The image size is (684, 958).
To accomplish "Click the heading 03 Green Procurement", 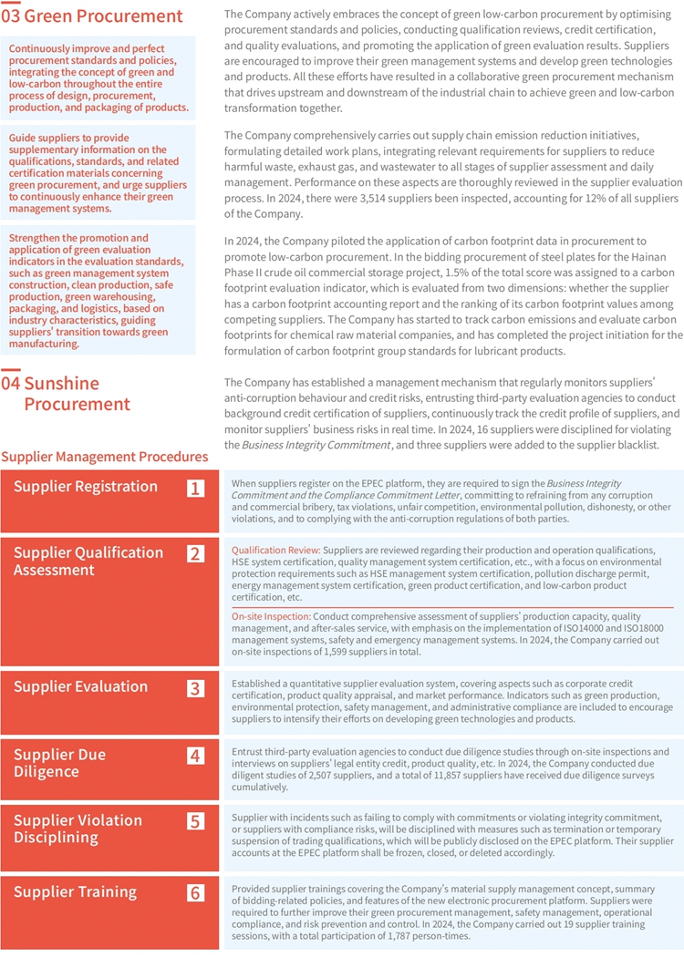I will point(92,16).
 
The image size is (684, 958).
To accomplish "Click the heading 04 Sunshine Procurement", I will point(66,393).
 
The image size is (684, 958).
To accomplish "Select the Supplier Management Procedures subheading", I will point(105,457).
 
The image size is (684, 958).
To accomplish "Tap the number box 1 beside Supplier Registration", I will point(195,488).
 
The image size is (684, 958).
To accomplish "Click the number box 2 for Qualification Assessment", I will point(195,553).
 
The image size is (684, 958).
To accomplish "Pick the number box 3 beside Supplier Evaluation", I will point(195,688).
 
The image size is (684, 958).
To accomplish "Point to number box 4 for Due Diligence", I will point(195,756).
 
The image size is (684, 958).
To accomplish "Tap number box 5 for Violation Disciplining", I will point(195,821).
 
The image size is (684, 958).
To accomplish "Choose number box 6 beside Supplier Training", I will point(195,892).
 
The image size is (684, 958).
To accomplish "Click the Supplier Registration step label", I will point(86,487).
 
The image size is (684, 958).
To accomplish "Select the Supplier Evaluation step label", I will point(80,687).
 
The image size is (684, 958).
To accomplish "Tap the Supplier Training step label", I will point(75,891).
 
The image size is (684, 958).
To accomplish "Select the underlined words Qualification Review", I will point(275,551).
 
